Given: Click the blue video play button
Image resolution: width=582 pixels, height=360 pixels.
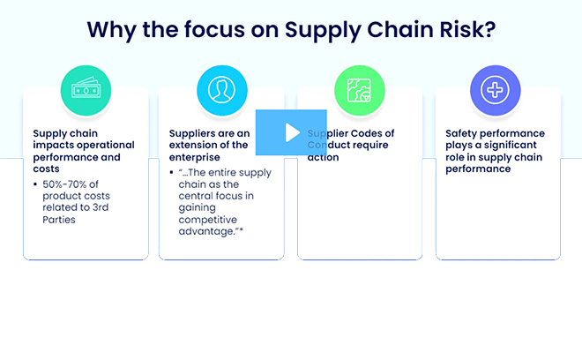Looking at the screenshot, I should click(291, 132).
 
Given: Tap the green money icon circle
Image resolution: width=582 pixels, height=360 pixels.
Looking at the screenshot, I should click(86, 88).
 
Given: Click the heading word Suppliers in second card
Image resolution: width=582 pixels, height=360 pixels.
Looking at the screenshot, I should click(193, 133).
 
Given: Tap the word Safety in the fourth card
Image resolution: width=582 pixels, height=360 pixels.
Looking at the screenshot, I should click(463, 133).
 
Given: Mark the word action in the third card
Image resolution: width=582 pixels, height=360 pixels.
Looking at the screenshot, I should click(323, 157).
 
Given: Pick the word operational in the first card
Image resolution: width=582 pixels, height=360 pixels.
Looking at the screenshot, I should click(104, 145).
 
